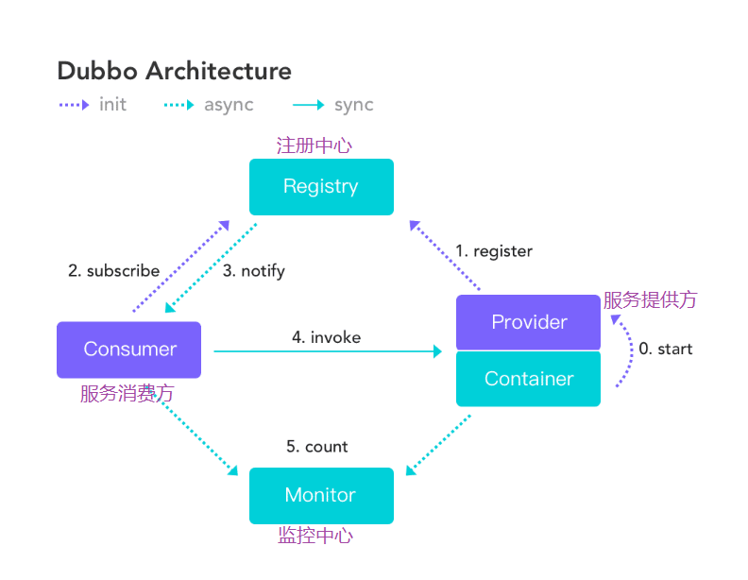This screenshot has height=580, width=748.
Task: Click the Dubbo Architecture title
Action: [x=174, y=71]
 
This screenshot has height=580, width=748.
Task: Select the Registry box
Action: [x=321, y=186]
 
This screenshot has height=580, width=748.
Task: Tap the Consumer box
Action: [x=129, y=350]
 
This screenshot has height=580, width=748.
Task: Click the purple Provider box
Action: [x=529, y=322]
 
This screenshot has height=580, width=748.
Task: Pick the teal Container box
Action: [x=529, y=379]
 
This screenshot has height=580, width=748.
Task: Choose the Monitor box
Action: [x=321, y=495]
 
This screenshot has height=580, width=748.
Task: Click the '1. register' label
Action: [x=494, y=251]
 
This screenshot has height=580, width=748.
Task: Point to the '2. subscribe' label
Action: [x=113, y=271]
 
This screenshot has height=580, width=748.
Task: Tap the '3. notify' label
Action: [x=254, y=271]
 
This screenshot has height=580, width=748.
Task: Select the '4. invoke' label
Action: [x=326, y=337]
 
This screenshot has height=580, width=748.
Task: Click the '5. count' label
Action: [x=317, y=447]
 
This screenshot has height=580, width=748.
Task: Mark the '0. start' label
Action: [x=665, y=350]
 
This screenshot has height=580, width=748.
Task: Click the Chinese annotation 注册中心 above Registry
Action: [x=314, y=145]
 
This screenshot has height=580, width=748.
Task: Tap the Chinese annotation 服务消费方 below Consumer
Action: [x=127, y=394]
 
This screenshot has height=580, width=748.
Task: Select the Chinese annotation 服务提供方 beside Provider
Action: [x=650, y=300]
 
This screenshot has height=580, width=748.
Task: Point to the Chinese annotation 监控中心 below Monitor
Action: [x=315, y=536]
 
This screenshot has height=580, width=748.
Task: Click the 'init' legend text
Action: [x=112, y=105]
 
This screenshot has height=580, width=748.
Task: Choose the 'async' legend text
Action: [x=229, y=105]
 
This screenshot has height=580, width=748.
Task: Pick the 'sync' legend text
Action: [x=353, y=105]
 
